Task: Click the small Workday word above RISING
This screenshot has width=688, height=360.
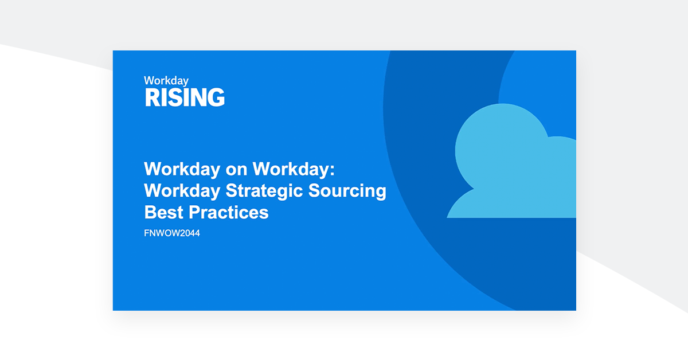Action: (x=166, y=81)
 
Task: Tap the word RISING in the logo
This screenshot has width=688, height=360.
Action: (x=185, y=97)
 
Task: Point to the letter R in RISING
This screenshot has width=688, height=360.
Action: (x=151, y=97)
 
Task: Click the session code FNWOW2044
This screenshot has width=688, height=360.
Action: (x=172, y=233)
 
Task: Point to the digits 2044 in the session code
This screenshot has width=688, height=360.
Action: (x=190, y=233)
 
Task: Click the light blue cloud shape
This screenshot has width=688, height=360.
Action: (x=510, y=166)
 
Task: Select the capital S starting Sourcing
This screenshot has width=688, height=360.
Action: (x=315, y=191)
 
